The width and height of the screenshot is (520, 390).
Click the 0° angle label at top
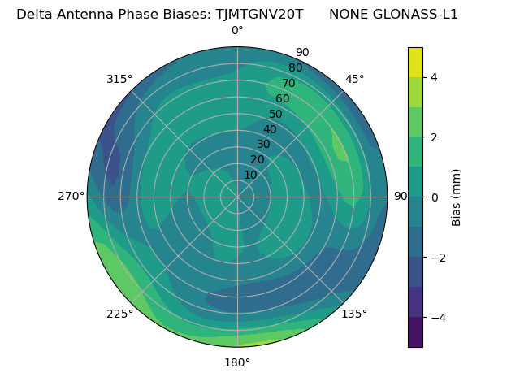[x=237, y=31]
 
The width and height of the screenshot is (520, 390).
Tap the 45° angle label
[x=354, y=79]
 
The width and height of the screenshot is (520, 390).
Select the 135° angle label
[x=354, y=314]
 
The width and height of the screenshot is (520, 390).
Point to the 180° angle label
[x=237, y=362]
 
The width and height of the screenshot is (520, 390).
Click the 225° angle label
[x=119, y=314]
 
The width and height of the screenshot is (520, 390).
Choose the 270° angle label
[x=71, y=197]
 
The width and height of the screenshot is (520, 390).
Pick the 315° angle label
[x=119, y=79]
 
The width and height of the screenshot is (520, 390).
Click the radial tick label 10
[x=250, y=175]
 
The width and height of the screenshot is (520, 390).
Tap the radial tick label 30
[x=263, y=145]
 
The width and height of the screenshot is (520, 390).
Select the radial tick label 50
[x=276, y=115]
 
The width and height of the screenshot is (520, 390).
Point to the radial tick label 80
[x=295, y=68]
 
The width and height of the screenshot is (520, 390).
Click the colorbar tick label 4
[x=434, y=77]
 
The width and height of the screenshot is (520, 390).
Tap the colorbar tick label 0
[x=434, y=197]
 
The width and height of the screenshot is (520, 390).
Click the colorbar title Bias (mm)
[x=457, y=197]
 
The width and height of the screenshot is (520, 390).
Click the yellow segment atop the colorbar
[x=415, y=62]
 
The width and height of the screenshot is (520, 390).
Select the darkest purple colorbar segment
[x=415, y=332]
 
